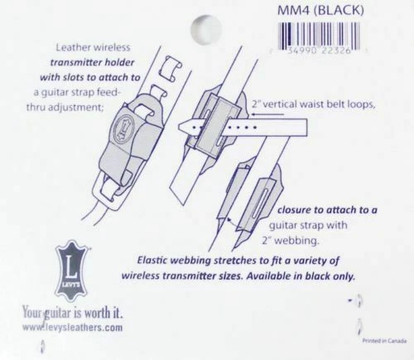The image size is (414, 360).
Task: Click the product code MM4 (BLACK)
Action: (320, 10)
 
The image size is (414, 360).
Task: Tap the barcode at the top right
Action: (319, 38)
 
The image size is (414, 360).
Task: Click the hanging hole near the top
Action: (206, 29)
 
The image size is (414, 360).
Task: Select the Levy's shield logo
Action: (72, 271)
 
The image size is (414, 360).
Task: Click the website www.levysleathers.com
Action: (72, 327)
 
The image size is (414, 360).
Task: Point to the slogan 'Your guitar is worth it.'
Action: (73, 312)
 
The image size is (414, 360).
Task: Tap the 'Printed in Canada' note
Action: (384, 341)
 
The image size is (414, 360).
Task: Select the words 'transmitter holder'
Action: (92, 63)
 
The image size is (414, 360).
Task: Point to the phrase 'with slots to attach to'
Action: (90, 78)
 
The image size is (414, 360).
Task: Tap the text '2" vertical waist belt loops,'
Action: (314, 104)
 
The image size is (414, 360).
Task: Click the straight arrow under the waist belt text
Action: (266, 114)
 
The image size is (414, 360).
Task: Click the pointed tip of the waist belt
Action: (179, 127)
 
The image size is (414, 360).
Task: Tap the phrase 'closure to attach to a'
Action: (327, 210)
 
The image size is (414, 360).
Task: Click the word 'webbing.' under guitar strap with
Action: (296, 241)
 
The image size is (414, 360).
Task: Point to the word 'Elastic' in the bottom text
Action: (153, 261)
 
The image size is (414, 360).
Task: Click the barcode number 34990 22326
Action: (319, 50)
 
